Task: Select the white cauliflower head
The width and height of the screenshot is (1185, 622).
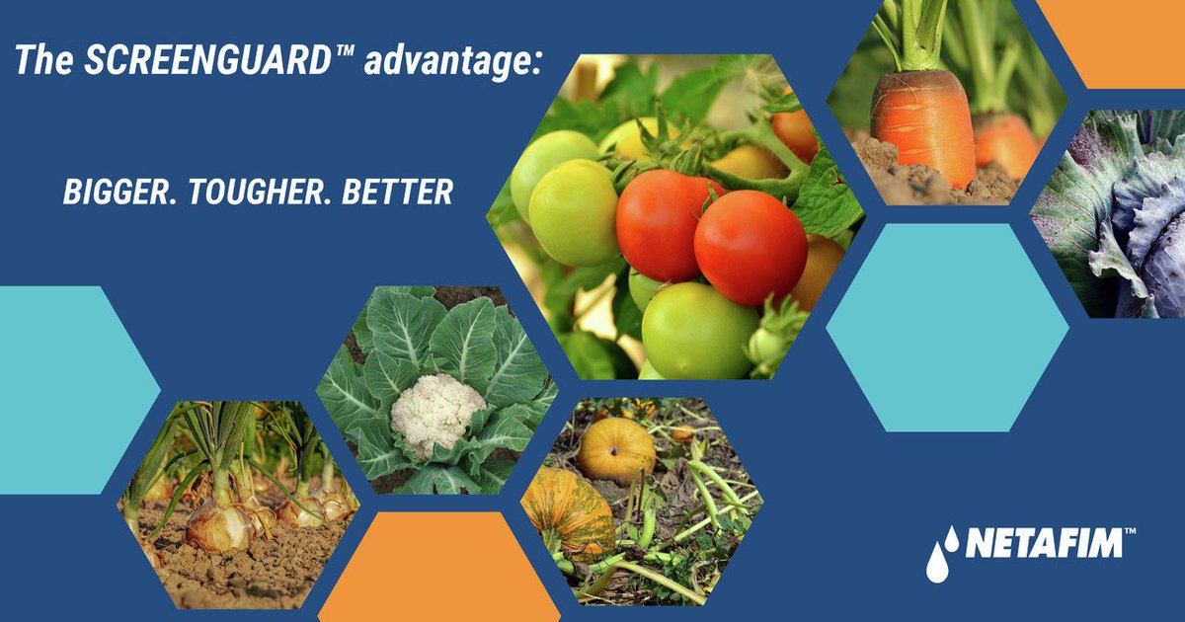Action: [437, 413]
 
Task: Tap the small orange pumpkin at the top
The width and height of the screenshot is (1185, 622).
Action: [616, 449]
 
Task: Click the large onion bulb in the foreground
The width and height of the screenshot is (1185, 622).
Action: [219, 523]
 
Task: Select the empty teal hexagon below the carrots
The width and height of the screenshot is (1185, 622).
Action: [947, 327]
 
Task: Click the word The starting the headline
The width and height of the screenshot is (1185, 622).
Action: [39, 61]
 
